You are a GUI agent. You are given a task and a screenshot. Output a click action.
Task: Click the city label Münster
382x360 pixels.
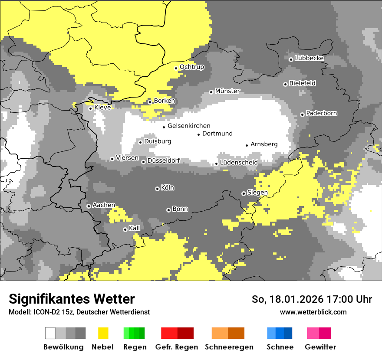pos(227,91)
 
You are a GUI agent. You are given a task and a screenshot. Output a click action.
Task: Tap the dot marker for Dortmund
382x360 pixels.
pos(199,134)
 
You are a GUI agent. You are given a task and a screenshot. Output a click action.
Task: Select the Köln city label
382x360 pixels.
pos(168,188)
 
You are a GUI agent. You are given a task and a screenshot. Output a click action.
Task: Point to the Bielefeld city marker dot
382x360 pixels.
pos(285,84)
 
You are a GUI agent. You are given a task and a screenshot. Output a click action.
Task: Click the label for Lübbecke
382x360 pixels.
pos(309,58)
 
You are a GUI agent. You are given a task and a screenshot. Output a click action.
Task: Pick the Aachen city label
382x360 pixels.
pos(104,205)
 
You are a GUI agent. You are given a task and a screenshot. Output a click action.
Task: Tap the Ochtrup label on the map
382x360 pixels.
pos(192,67)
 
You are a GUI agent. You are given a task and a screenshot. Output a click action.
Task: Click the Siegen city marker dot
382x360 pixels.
pos(244,193)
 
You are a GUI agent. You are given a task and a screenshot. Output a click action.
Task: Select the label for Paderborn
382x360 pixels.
pos(322,114)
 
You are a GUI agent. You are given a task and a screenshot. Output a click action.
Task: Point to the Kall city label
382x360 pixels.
pos(135,228)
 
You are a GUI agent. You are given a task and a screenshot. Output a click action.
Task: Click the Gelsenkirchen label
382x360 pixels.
pos(189,126)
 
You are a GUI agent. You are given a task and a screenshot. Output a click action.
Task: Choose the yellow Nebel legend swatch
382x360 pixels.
pos(103,333)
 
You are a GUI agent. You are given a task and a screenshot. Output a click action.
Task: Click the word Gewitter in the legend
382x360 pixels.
pos(320,347)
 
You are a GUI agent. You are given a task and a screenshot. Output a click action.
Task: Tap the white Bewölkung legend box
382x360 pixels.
pos(50,333)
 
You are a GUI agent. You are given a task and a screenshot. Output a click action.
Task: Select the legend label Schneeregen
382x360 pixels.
pos(229,347)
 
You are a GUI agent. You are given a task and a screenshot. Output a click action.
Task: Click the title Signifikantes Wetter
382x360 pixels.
pos(72,299)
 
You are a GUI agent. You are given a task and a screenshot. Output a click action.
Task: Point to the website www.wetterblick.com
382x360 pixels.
pos(313,312)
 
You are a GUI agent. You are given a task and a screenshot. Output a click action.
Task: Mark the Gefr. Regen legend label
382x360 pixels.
pos(177,347)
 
